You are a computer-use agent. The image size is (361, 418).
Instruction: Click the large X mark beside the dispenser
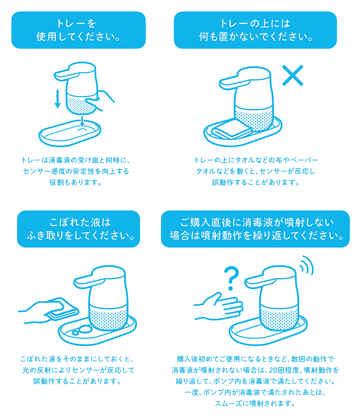[x=293, y=76]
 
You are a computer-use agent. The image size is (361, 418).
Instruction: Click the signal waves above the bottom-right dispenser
[x=307, y=265]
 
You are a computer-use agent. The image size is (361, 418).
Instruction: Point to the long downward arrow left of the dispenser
[x=57, y=99]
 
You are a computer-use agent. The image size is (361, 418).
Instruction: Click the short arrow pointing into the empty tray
[x=82, y=121]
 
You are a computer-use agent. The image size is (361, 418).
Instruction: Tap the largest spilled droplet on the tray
[x=85, y=329]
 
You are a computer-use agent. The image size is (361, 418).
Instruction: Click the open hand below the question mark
[x=218, y=307]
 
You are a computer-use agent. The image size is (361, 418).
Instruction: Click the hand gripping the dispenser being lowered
[x=100, y=100]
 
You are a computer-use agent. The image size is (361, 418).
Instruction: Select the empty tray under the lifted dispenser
[x=70, y=133]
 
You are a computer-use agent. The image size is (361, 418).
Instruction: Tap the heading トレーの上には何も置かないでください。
[x=255, y=30]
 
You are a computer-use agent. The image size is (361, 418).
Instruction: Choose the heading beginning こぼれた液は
[x=79, y=229]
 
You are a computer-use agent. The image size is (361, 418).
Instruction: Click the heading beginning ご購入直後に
[x=256, y=229]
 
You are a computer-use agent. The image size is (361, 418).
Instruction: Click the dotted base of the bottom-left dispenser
[x=108, y=318]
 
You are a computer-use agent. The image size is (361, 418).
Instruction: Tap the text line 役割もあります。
[x=76, y=182]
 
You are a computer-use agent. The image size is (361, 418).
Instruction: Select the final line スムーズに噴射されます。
[x=255, y=403]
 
